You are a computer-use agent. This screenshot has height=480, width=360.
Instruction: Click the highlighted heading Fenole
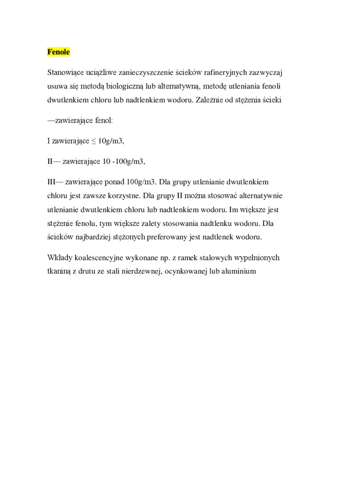58,52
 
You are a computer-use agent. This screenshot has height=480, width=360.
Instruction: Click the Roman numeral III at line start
52,182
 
